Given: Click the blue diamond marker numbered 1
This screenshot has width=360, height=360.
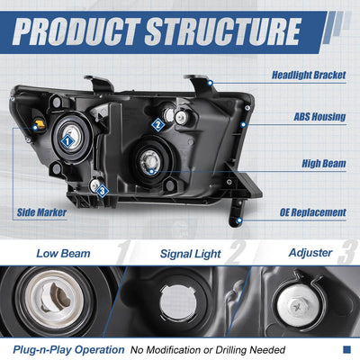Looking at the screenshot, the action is coord(67,141).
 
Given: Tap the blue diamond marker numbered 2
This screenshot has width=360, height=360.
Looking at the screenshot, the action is coord(157,125).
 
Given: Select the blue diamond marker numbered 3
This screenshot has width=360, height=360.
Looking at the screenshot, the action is coord(103,191).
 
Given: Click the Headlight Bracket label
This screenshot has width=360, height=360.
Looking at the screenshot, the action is coord(309,75).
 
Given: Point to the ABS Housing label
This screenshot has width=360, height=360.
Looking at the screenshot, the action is coord(319,116).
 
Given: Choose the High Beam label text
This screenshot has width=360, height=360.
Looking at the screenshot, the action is coord(324,164).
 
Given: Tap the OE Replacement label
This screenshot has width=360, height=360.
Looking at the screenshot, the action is coord(313,212).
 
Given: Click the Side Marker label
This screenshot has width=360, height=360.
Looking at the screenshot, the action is coord(41,212).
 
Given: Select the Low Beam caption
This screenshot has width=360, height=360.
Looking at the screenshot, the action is coord(63,254).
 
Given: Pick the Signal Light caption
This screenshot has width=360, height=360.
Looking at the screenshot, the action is coord(191,254).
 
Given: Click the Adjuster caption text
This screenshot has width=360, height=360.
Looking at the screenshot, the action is coord(310,253).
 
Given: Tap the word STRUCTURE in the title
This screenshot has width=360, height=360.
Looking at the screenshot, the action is coord(222,31).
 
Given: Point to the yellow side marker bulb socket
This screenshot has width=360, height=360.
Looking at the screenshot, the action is coord(40,124).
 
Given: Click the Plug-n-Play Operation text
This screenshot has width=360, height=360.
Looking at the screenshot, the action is coord(68,350).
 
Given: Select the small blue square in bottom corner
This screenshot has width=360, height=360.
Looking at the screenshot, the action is coord(346,349).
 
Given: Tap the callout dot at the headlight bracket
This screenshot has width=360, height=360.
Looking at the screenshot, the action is coord(211,83).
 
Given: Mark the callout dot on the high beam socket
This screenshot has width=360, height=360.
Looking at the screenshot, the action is coord(151,172).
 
